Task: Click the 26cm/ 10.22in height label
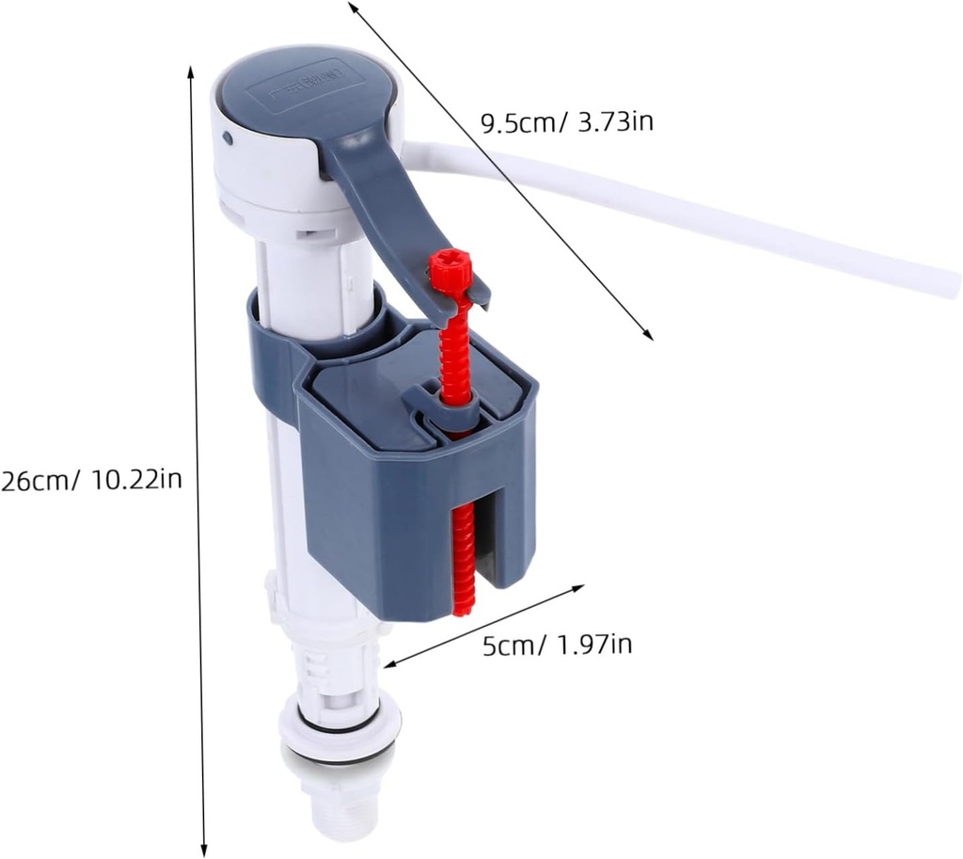(91, 480)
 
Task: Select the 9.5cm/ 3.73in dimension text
(566, 121)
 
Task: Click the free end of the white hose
(945, 281)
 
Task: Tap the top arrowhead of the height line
(192, 72)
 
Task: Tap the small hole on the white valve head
(228, 138)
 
